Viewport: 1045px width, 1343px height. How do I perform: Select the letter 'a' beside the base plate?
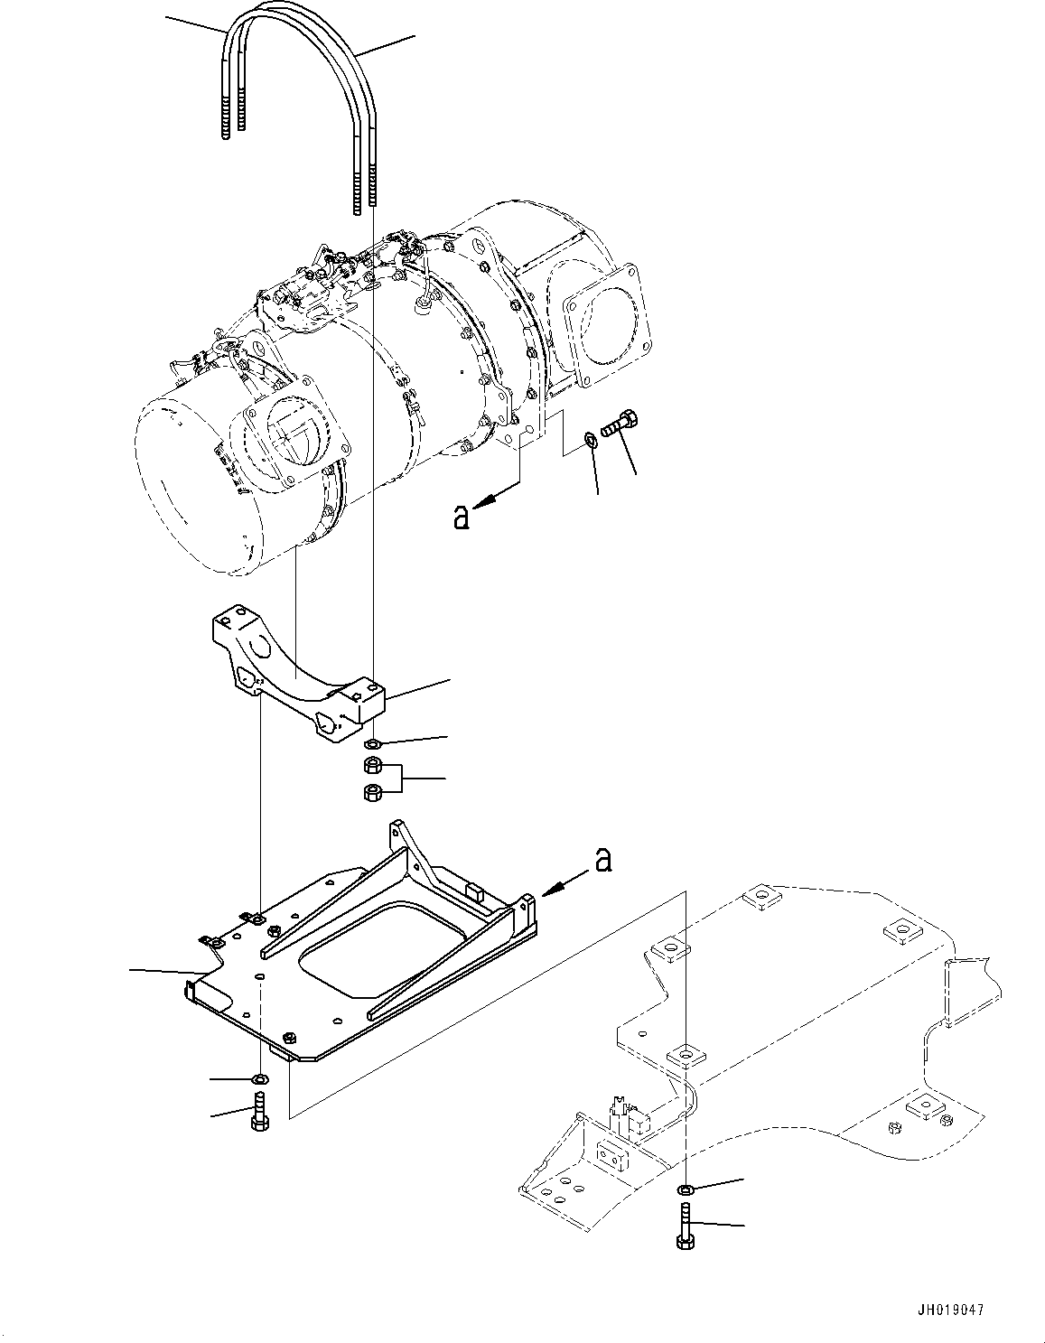pyautogui.click(x=602, y=862)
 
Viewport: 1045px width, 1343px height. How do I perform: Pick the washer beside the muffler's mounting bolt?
pyautogui.click(x=590, y=440)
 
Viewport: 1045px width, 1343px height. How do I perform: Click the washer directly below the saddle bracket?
pyautogui.click(x=371, y=744)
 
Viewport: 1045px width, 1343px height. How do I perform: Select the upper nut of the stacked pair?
pyautogui.click(x=370, y=767)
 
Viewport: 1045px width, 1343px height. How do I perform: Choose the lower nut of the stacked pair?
pyautogui.click(x=370, y=793)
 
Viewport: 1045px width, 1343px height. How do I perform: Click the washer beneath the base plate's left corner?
pyautogui.click(x=260, y=1078)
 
